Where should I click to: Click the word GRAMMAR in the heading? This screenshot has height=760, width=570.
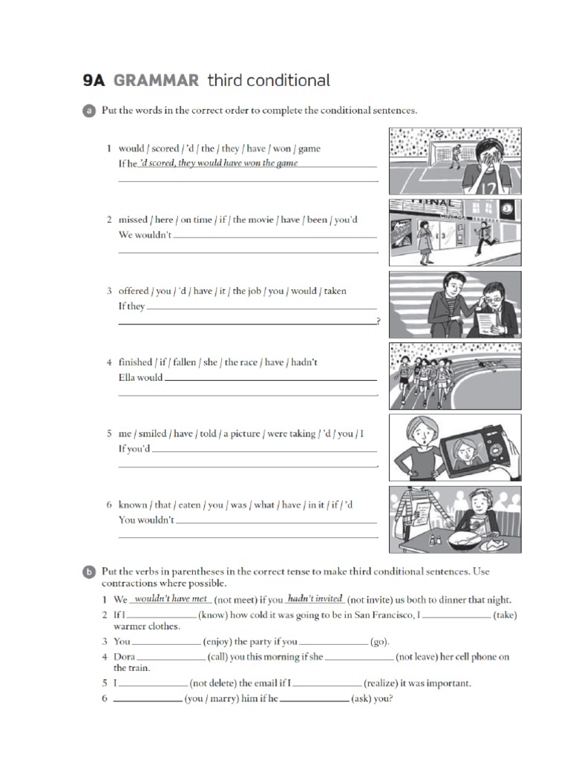point(157,80)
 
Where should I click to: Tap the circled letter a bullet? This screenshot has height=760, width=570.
point(88,111)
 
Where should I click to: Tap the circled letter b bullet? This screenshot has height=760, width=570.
point(88,572)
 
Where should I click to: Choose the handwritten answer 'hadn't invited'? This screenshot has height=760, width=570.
point(315,599)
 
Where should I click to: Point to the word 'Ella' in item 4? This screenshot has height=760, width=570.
point(127,377)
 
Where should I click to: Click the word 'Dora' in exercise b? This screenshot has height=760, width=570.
point(124,657)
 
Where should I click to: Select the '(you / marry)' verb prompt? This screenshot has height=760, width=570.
point(212,698)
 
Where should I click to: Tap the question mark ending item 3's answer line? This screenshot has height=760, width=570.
point(379,321)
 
